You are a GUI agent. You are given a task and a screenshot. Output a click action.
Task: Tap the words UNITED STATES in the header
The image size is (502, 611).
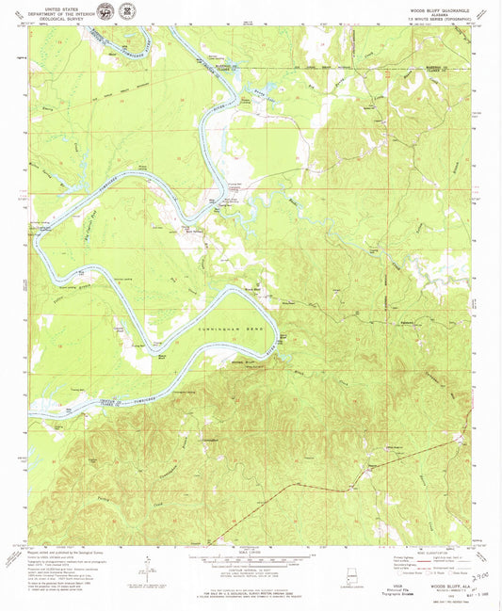(56, 6)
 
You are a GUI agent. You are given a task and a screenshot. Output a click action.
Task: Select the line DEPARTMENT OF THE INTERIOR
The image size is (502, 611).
(56, 10)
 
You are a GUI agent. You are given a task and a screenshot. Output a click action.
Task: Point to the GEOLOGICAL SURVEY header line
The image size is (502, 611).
(56, 15)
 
